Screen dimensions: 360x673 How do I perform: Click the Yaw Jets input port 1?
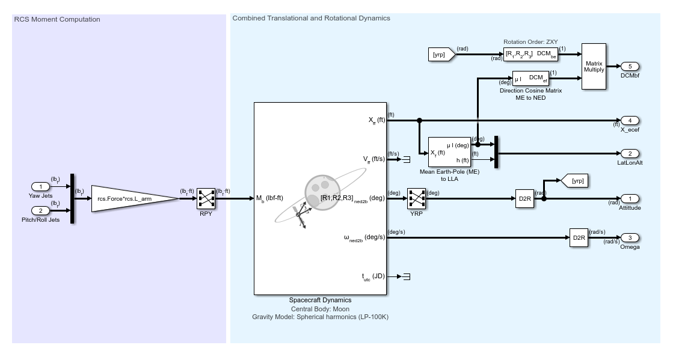click(41, 187)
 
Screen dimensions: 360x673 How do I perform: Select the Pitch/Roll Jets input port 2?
click(41, 210)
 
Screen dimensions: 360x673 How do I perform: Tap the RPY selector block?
click(206, 198)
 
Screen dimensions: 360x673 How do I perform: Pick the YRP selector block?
click(416, 198)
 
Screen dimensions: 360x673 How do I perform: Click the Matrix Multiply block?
click(594, 66)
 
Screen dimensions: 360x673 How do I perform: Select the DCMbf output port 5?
click(630, 66)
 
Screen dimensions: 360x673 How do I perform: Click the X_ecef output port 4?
click(630, 120)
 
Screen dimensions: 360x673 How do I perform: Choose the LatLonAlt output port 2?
click(630, 153)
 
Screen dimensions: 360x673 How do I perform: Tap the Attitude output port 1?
click(630, 198)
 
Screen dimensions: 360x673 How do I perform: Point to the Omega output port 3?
click(630, 237)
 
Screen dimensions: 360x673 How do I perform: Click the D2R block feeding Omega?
click(579, 237)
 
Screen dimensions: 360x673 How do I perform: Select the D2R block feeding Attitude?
click(524, 198)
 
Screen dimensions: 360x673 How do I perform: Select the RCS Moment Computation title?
click(57, 19)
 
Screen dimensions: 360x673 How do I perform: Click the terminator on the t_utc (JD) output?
click(406, 276)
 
